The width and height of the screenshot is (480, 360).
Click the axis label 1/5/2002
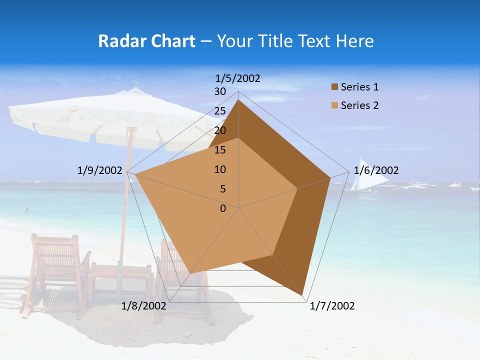click(x=238, y=78)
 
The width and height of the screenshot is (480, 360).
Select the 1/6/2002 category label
click(x=376, y=170)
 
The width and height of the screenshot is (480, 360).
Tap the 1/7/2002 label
click(x=332, y=306)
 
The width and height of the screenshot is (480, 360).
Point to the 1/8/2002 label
click(x=144, y=306)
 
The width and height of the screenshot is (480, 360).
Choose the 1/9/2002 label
click(x=100, y=170)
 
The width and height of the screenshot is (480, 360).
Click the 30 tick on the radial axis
click(x=220, y=91)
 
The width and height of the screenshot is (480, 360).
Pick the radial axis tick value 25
click(x=220, y=111)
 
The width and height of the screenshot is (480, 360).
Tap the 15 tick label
click(x=220, y=150)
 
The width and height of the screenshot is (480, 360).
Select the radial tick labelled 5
click(x=223, y=189)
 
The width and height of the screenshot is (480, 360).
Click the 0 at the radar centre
click(x=223, y=208)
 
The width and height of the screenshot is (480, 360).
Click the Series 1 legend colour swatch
click(x=334, y=87)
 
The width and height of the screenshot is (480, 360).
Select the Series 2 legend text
click(x=359, y=105)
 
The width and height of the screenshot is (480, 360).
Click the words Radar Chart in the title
click(x=146, y=41)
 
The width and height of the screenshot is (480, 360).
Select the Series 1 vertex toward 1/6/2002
click(x=330, y=177)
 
